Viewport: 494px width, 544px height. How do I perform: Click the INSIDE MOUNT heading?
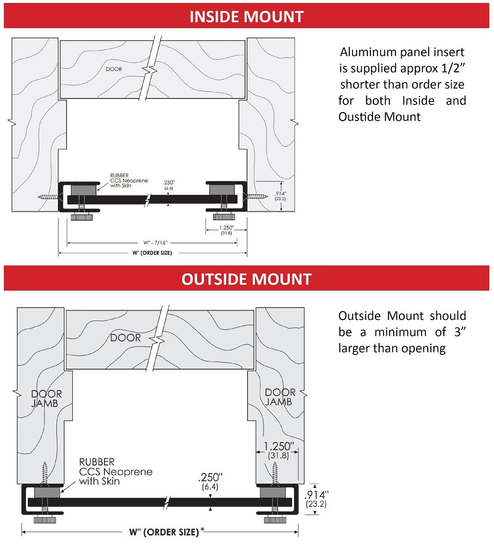coord(246,16)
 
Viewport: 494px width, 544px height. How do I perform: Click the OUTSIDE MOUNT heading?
coord(246,279)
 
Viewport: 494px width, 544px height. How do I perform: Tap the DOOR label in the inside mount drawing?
coord(114,69)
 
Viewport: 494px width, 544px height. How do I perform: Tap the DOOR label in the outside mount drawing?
coord(126,338)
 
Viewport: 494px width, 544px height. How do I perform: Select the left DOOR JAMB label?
coord(46,399)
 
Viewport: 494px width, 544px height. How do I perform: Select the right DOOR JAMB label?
coord(280,397)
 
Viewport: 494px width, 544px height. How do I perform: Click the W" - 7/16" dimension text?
coord(155,243)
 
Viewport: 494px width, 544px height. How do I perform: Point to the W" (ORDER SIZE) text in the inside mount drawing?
coord(152,253)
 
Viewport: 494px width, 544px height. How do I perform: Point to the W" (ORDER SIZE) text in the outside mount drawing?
coord(164,532)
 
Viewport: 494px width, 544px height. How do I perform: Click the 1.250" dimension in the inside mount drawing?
coord(227,228)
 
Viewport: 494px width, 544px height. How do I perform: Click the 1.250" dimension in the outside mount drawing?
coord(279,446)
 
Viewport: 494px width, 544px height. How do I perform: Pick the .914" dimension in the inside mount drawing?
coord(280,193)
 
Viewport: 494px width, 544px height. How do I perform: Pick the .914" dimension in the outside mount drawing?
coord(316,495)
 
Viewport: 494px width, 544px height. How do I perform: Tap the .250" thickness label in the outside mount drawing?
coord(210,478)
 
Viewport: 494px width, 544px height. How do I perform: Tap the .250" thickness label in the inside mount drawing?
coord(169,183)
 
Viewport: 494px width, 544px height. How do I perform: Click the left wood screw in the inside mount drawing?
coord(48,197)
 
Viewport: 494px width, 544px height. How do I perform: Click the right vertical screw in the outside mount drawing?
coord(275,474)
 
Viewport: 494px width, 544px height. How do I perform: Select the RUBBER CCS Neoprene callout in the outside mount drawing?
coord(115,471)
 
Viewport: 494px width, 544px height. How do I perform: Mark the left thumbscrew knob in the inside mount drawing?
coord(82,217)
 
